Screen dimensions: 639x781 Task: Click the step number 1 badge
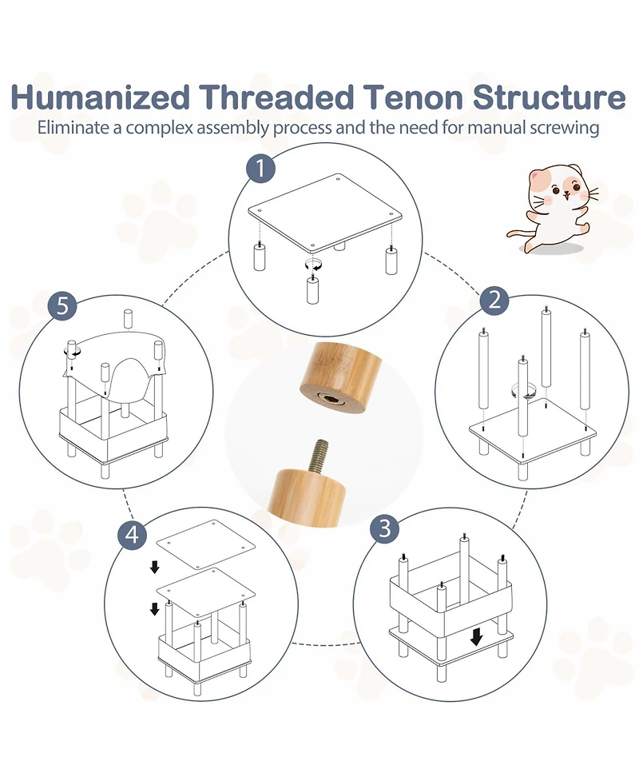coord(260,169)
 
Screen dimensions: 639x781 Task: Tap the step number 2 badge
coord(494,301)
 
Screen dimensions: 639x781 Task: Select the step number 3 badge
coord(385,528)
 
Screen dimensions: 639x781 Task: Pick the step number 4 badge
coord(132,535)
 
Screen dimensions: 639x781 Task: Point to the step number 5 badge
coord(63,305)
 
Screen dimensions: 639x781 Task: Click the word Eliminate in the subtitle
coord(73,128)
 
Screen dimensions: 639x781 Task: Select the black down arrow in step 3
coord(476,636)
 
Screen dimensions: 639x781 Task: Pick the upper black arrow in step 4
coord(155,567)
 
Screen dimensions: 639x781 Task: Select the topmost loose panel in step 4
coord(205,544)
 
